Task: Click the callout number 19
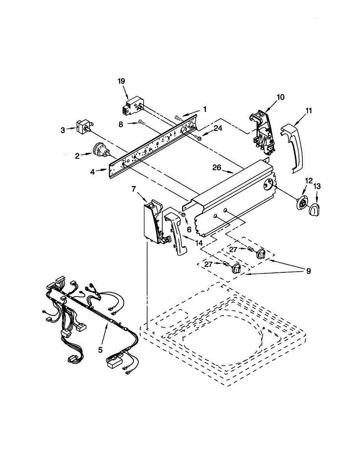click(121, 81)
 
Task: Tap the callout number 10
click(280, 97)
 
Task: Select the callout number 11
click(309, 111)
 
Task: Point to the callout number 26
click(216, 168)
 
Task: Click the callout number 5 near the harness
click(100, 349)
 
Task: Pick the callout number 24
click(218, 128)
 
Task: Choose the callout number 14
click(199, 243)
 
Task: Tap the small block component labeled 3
click(83, 126)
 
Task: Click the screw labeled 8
click(142, 123)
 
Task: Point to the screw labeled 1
click(178, 117)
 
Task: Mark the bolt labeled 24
click(198, 137)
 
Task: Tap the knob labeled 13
click(315, 210)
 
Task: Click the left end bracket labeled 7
click(154, 222)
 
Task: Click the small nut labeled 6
click(183, 215)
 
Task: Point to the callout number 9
click(308, 271)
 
